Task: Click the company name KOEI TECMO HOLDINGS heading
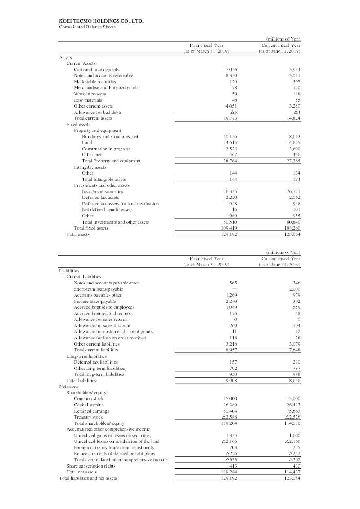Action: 101,21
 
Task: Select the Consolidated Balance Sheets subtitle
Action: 87,27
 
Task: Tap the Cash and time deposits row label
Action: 96,69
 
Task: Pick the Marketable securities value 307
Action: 296,81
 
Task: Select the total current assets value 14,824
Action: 293,118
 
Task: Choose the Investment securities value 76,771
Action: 293,191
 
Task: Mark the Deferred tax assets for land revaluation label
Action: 120,203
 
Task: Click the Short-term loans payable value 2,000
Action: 294,289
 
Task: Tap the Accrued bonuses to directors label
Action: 102,313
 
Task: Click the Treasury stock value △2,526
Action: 292,417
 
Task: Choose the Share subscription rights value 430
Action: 296,466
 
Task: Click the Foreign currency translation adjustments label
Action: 114,448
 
